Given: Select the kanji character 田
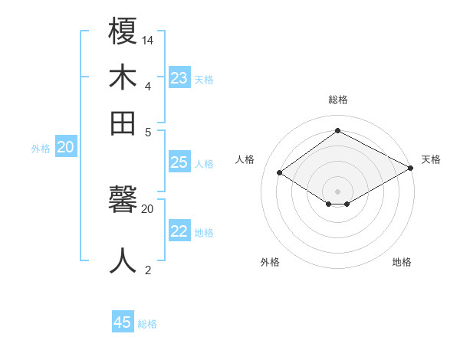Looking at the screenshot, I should click(x=123, y=123).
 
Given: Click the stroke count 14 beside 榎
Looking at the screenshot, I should click(x=148, y=39).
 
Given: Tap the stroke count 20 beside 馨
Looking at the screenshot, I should click(x=148, y=208).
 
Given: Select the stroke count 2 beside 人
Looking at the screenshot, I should click(x=148, y=269).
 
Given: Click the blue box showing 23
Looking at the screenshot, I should click(x=179, y=78).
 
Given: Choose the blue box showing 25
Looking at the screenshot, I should click(x=179, y=162).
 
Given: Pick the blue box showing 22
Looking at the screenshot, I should click(x=179, y=231).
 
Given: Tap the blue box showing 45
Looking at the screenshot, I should click(x=123, y=322).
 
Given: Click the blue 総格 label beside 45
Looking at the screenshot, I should click(x=147, y=324).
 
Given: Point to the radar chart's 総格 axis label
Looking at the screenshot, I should click(x=338, y=100).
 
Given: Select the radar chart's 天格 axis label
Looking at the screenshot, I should click(x=432, y=159).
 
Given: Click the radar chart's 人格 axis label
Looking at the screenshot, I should click(x=245, y=159).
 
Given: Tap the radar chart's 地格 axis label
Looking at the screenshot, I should click(x=402, y=262).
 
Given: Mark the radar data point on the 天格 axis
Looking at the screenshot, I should click(x=412, y=169).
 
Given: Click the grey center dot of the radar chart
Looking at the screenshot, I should click(x=338, y=191).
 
